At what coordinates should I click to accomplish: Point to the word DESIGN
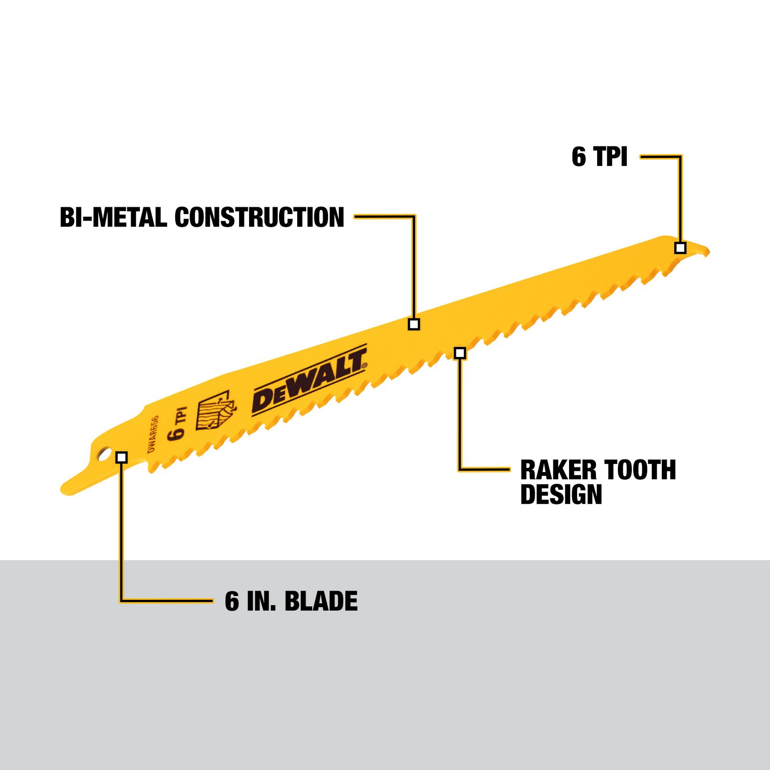[561, 494]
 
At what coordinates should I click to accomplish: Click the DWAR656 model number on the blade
[153, 434]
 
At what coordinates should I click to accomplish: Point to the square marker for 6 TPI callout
[680, 248]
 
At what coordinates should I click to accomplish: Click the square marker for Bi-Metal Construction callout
[414, 324]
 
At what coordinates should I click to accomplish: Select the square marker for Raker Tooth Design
[460, 353]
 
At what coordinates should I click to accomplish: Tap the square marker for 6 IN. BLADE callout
[122, 458]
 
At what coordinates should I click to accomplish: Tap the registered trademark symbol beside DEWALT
[364, 365]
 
